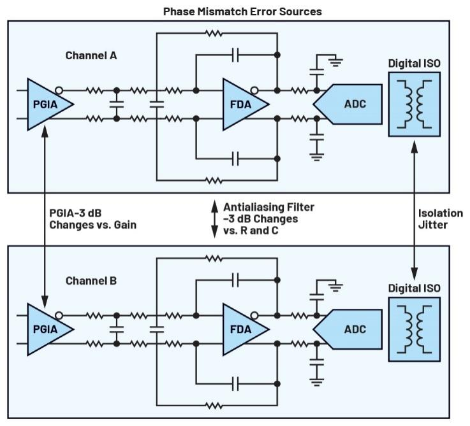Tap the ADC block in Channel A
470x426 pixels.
(x=347, y=103)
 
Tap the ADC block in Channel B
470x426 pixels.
(x=347, y=329)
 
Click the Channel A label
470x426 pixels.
(x=91, y=55)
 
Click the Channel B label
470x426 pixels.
(x=91, y=281)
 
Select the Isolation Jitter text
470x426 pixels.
(x=439, y=218)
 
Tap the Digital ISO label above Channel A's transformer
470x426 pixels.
(x=414, y=64)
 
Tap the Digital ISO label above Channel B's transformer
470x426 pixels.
(x=414, y=288)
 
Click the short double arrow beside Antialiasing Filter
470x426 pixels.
(x=215, y=218)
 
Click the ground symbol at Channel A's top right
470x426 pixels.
(x=334, y=62)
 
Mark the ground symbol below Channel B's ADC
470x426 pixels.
(x=315, y=381)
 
